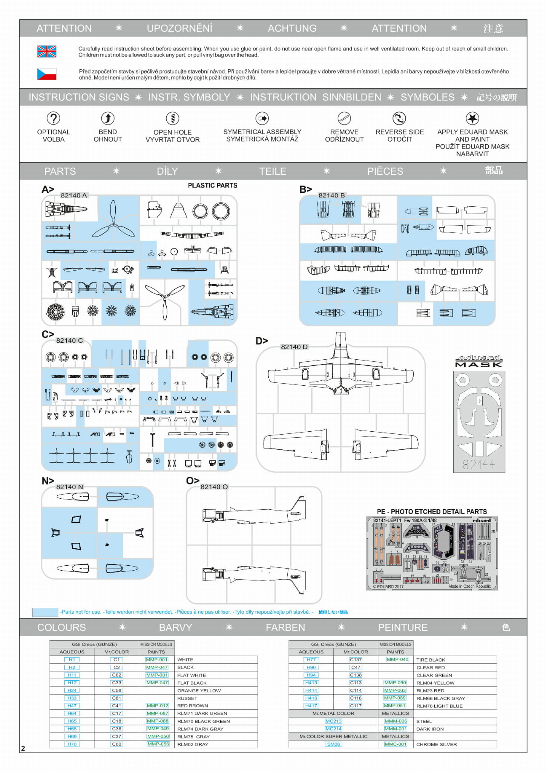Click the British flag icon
[x=47, y=51]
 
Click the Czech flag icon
[x=47, y=74]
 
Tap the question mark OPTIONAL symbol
[x=54, y=118]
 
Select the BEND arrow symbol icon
[x=108, y=118]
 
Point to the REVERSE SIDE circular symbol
[x=399, y=118]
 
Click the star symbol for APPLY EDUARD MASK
[x=472, y=118]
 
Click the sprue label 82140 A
[x=74, y=195]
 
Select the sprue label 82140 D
[x=294, y=347]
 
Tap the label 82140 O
[x=214, y=487]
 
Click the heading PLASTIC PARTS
[x=213, y=185]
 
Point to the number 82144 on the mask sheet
[x=479, y=465]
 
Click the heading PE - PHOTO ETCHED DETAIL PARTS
[x=432, y=511]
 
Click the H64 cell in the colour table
[x=72, y=713]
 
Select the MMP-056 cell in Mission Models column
[x=158, y=744]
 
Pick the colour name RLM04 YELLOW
[x=435, y=683]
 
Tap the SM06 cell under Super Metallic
[x=333, y=744]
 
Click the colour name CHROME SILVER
[x=436, y=744]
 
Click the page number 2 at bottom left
[x=23, y=748]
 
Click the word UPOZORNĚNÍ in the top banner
[x=179, y=28]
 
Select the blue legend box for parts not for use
[x=45, y=612]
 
